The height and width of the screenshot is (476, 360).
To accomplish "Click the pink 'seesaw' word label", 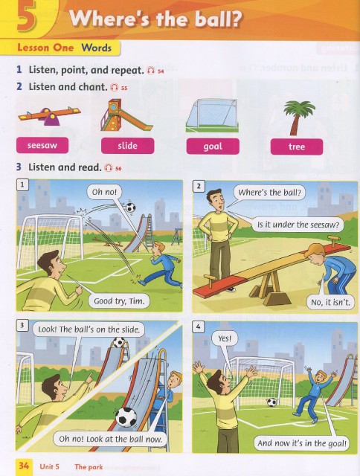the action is tap(42, 146).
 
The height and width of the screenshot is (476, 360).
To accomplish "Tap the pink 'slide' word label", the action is tap(127, 146).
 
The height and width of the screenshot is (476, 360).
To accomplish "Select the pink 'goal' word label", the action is tap(213, 147).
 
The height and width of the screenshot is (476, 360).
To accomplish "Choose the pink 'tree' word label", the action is tap(297, 147).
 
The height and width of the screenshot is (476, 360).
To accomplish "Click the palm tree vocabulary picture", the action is tap(298, 118).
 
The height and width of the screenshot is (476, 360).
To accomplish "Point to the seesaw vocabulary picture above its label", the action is tap(49, 116).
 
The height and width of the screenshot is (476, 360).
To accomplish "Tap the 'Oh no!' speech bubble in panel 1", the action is tap(104, 192).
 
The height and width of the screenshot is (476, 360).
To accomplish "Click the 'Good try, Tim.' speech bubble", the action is tap(119, 300).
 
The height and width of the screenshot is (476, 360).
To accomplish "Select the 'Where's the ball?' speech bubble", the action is tap(269, 193).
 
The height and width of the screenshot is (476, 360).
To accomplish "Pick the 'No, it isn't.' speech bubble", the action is tap(330, 303).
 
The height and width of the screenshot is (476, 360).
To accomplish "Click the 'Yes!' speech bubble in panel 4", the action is tap(225, 338).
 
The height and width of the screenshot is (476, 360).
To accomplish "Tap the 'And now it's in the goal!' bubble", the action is tap(302, 443).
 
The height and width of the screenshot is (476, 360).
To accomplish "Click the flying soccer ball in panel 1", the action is tap(130, 208).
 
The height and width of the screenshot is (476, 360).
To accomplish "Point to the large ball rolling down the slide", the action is tap(126, 416).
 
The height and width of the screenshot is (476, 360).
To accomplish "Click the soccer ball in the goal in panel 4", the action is tap(271, 402).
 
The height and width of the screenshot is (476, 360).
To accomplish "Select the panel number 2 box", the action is tap(199, 186).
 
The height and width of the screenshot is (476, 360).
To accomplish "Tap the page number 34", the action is tap(24, 466).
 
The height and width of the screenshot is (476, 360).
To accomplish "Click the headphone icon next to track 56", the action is tap(109, 167).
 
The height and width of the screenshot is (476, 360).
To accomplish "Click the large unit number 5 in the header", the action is tap(27, 17).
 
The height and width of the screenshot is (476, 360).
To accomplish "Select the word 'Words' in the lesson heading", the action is tap(97, 48).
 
